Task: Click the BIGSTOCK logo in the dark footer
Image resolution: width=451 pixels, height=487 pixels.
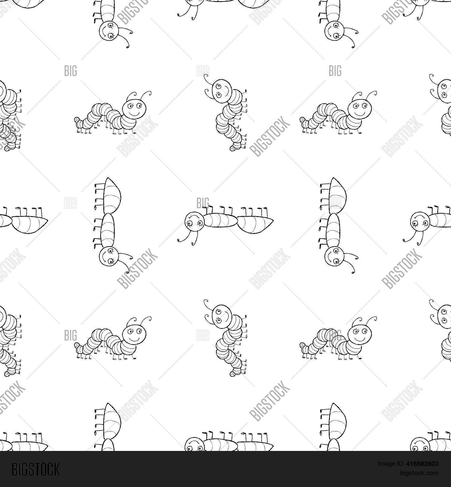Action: click(36, 469)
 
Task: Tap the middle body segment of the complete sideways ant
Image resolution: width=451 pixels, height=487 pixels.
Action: click(222, 221)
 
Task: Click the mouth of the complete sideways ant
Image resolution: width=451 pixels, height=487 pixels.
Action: click(195, 216)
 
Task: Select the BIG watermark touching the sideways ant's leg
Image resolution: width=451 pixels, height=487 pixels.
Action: click(203, 203)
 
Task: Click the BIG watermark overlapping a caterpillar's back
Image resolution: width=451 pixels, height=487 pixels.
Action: click(335, 335)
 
